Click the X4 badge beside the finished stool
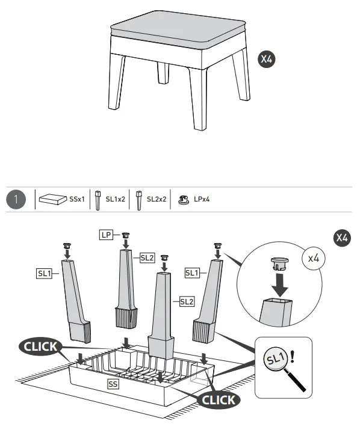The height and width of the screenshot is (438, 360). point(267,59)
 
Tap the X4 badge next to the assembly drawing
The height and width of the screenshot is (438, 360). point(341,238)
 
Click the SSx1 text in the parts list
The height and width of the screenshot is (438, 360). point(77,199)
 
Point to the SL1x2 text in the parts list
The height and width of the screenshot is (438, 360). point(116,199)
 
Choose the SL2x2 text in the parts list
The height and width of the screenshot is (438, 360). point(157,199)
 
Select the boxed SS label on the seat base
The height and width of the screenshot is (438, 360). point(113,383)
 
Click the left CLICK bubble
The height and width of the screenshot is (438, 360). point(40,346)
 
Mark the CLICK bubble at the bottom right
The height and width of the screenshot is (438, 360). point(219,399)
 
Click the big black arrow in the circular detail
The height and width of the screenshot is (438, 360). point(278,282)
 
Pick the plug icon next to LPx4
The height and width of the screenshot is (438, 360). point(182,199)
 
